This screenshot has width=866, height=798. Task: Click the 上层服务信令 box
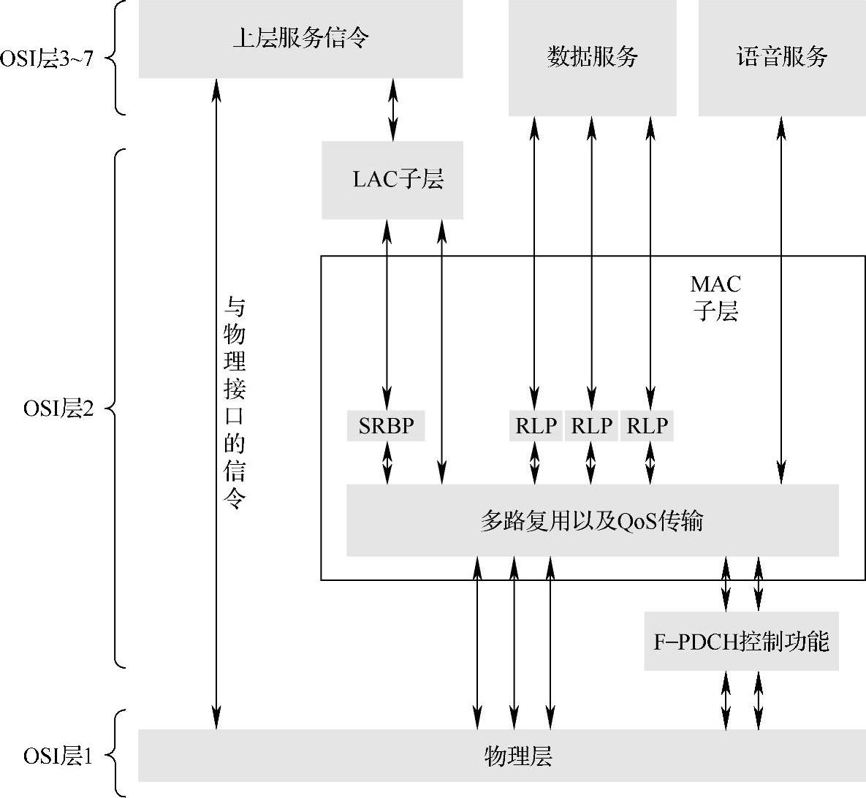pos(300,37)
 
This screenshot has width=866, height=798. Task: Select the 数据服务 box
pos(592,57)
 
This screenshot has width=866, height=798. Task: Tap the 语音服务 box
pos(781,57)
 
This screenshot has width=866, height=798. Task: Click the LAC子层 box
pos(392,180)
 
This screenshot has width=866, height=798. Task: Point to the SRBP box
pos(386,426)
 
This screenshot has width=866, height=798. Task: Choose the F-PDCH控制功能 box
pos(741,642)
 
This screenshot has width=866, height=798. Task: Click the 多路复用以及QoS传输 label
pos(592,521)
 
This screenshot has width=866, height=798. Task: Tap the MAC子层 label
pos(715,298)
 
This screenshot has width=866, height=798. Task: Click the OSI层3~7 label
pos(47,58)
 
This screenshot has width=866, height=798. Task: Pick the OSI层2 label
pos(58,408)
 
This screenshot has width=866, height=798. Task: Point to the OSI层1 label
pos(58,756)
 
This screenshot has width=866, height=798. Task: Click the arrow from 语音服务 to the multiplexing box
pos(782,300)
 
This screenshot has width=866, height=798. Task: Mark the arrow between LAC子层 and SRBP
pos(387,314)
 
